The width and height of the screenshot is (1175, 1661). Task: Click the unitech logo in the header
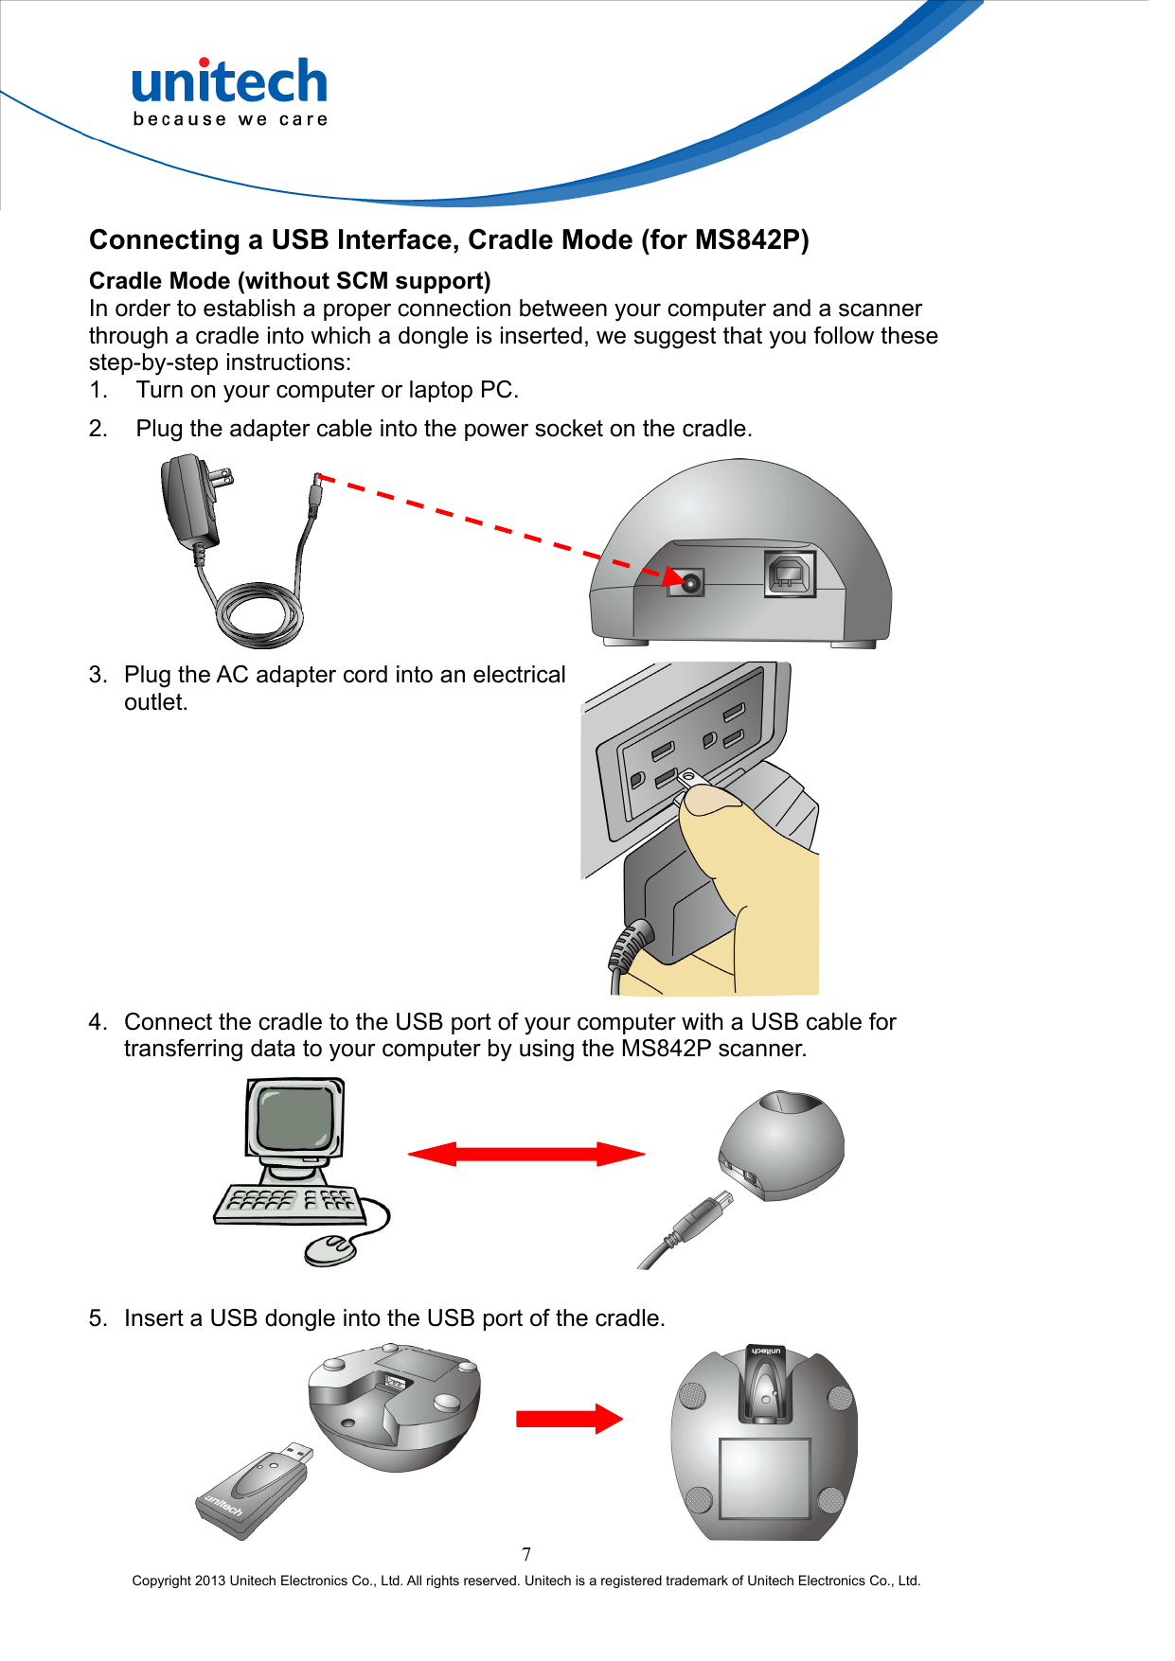(229, 82)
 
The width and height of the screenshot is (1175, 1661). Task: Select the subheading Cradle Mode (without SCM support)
(290, 281)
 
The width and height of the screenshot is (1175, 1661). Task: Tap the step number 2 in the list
(98, 429)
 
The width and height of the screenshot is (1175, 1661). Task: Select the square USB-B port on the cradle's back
(790, 574)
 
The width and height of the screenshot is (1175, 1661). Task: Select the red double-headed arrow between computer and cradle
(526, 1154)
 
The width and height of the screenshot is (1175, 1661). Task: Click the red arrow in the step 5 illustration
(569, 1419)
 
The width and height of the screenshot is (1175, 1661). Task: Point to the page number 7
(526, 1554)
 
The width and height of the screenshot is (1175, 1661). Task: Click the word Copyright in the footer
(161, 1581)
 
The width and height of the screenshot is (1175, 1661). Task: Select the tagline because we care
(230, 119)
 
